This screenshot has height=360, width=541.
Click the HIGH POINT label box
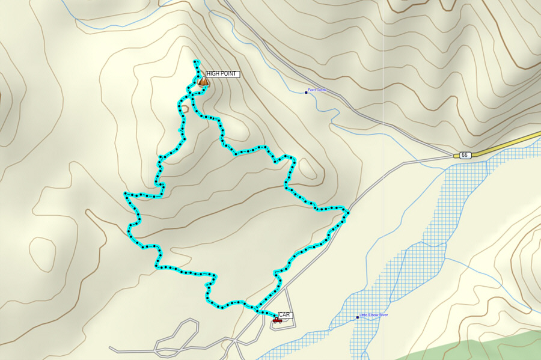click(x=222, y=74)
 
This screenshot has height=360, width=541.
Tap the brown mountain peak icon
click(x=203, y=81)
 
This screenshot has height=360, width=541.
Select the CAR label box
click(x=285, y=314)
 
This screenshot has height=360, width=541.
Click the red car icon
click(x=277, y=320)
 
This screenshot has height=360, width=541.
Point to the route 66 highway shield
click(x=464, y=155)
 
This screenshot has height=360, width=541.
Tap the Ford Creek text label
click(x=317, y=90)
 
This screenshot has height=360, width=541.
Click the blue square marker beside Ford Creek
click(x=306, y=92)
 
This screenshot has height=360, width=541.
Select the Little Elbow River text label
click(x=374, y=315)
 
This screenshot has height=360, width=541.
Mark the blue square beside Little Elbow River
click(x=357, y=317)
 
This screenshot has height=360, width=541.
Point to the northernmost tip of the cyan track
click(x=195, y=61)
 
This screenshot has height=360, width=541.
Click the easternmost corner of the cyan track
click(x=348, y=212)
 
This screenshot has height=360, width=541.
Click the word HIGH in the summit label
click(x=213, y=74)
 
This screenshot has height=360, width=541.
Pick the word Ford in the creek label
click(x=312, y=90)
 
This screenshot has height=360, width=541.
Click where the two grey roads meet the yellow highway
click(x=455, y=156)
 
